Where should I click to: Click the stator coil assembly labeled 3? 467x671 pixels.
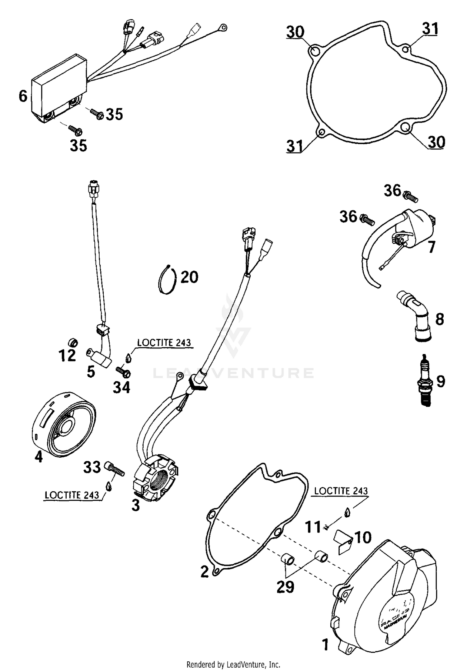pos(156,481)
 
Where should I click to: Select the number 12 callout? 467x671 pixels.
pos(67,356)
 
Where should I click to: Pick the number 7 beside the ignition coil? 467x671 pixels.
pos(431,248)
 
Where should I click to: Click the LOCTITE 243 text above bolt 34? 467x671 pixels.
pos(164,342)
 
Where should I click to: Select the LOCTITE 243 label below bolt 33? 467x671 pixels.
pos(72,495)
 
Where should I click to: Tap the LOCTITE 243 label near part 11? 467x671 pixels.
pos(341,491)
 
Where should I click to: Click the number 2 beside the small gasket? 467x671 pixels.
pos(205,571)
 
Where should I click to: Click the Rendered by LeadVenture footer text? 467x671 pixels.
pos(233,664)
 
